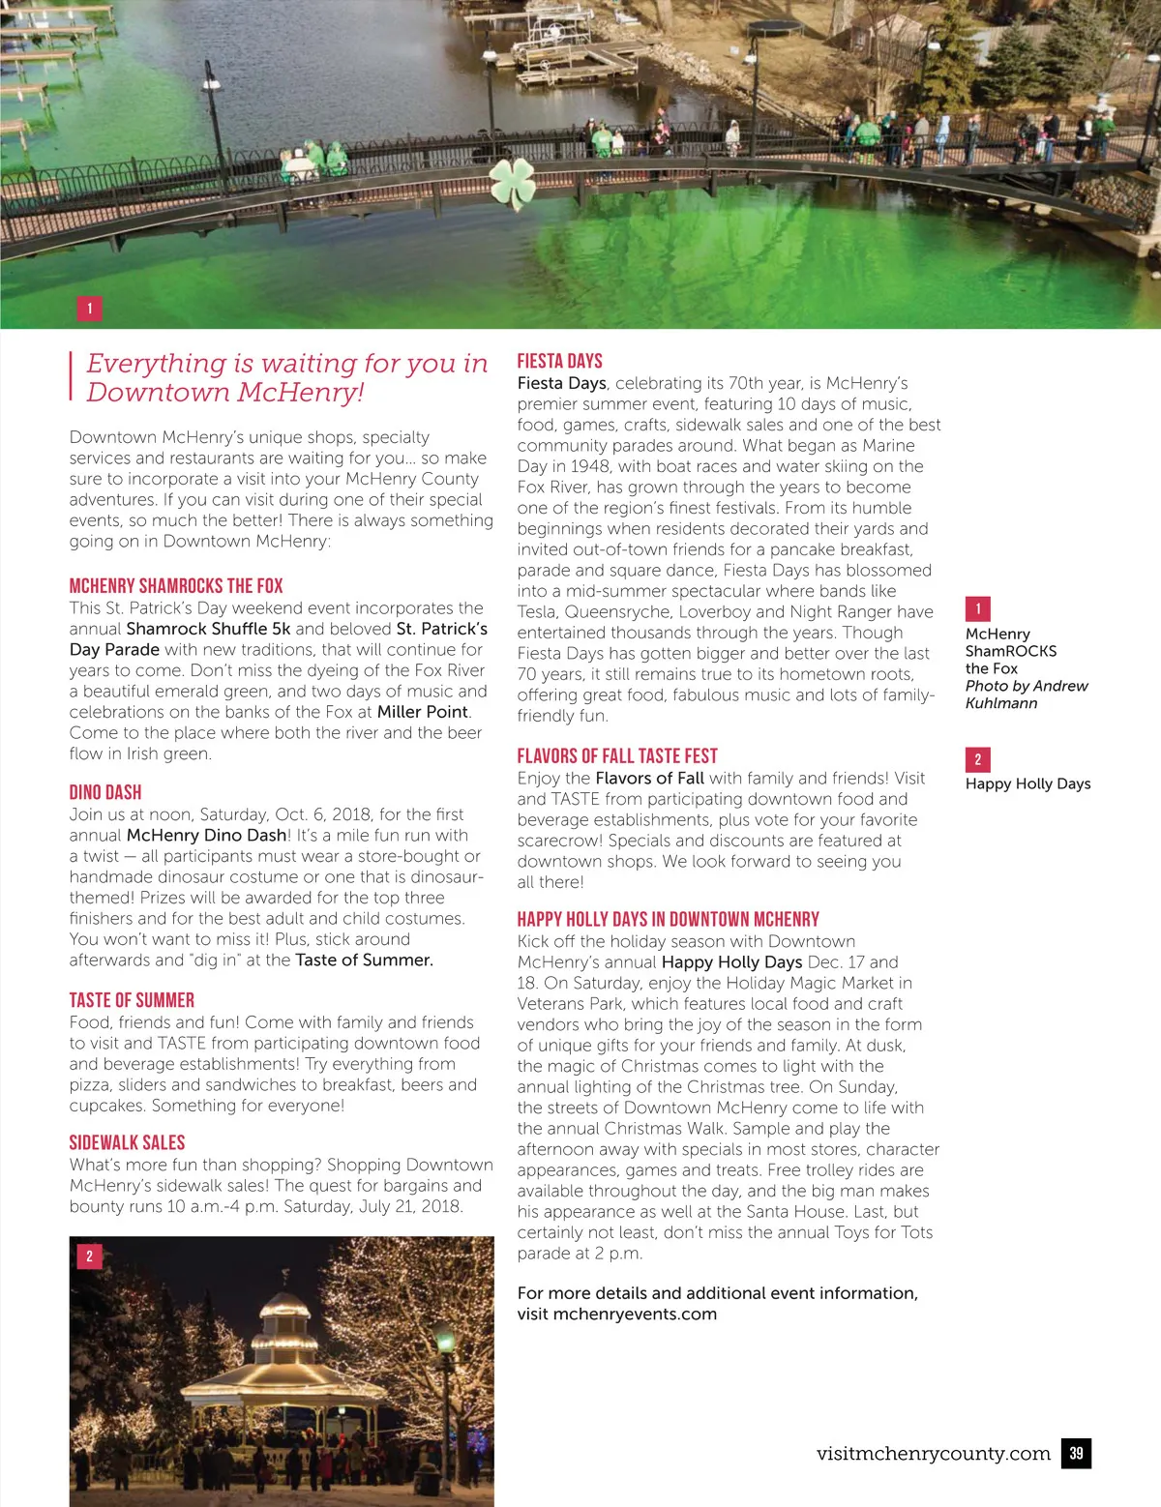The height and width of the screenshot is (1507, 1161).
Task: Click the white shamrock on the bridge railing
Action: click(512, 182)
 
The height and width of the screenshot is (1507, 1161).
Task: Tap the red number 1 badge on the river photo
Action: click(89, 309)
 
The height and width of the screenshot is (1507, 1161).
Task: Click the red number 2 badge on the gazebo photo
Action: click(89, 1256)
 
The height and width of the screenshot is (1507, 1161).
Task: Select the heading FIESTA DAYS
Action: click(559, 361)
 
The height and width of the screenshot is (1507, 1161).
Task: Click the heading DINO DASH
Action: click(105, 792)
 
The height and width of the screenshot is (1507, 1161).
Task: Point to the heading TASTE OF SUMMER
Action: click(132, 1000)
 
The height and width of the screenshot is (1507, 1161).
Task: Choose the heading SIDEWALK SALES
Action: click(127, 1142)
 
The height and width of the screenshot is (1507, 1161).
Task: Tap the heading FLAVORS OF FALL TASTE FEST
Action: click(617, 755)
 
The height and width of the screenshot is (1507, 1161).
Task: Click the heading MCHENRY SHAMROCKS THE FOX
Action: click(176, 585)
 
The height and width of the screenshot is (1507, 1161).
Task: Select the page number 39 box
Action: click(1076, 1453)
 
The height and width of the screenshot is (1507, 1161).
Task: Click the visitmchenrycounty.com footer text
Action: click(933, 1453)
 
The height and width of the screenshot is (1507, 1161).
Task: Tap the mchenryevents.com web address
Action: click(635, 1314)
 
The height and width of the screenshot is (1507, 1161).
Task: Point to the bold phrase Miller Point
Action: click(423, 712)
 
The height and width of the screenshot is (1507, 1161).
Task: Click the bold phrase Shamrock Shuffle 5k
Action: click(208, 629)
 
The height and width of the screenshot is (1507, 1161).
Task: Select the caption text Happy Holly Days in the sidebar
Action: click(1027, 783)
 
